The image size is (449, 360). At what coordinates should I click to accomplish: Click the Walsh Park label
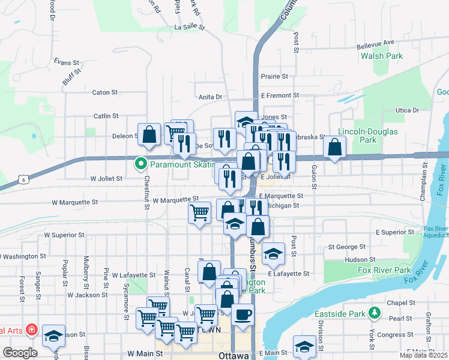coord(381,56)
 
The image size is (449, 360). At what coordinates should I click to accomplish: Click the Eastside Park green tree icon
coord(375,313)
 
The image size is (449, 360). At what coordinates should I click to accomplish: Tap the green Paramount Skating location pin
coord(140,163)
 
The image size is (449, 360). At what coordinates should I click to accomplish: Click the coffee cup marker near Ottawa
coord(243,315)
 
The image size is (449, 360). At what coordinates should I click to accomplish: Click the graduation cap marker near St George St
coord(274,254)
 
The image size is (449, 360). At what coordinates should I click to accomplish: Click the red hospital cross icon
coord(31,331)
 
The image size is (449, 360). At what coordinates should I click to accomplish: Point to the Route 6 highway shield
coord(22,179)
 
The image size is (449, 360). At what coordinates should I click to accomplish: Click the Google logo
coord(20,353)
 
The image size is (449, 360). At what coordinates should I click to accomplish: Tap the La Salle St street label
coord(190,28)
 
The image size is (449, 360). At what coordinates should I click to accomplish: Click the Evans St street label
coord(66,62)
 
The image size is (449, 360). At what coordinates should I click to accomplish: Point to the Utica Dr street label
coord(406,110)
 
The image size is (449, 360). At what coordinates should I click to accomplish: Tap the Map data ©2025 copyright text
coord(423,355)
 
